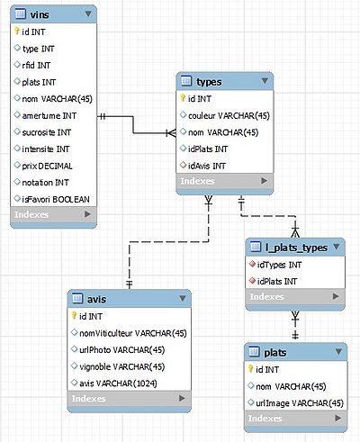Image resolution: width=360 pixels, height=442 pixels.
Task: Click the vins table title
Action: click(40, 14)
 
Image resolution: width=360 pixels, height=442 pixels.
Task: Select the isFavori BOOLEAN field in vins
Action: click(56, 199)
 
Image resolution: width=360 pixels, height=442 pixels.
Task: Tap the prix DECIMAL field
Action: click(47, 166)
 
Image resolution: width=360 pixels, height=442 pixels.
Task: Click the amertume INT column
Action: click(49, 115)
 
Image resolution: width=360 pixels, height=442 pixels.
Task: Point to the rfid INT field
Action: click(36, 65)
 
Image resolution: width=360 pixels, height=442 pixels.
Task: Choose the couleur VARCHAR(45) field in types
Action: click(229, 115)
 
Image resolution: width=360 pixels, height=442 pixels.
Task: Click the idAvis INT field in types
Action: click(207, 166)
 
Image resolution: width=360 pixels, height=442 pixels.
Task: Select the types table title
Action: click(209, 82)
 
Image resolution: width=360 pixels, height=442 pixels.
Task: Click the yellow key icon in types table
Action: click(183, 98)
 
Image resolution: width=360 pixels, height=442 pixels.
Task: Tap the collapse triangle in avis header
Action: click(183, 298)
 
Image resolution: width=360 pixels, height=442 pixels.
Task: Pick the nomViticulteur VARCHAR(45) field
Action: click(133, 333)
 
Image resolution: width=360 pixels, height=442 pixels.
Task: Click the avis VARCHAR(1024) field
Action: click(118, 383)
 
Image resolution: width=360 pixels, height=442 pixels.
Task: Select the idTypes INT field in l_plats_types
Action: click(279, 265)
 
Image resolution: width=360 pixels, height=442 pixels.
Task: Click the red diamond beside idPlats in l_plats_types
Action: click(252, 281)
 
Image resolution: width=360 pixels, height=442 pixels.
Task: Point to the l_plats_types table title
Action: click(296, 248)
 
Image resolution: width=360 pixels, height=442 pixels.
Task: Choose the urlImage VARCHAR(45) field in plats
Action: click(300, 403)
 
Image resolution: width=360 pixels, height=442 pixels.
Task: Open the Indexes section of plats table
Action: click(265, 418)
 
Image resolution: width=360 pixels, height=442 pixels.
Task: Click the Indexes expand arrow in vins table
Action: click(87, 214)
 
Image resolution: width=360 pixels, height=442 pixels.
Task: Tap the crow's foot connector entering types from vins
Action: click(171, 133)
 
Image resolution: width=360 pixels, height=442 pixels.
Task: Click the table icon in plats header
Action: click(254, 351)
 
